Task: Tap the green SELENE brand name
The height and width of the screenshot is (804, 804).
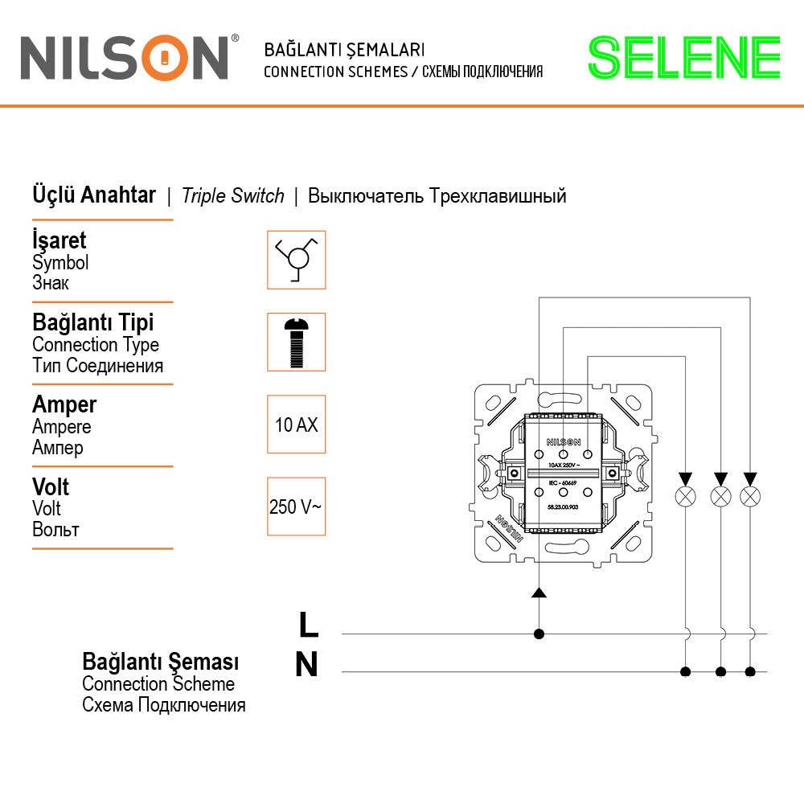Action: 684,57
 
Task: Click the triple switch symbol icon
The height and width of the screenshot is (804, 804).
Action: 296,260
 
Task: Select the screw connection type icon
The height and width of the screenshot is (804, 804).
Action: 296,342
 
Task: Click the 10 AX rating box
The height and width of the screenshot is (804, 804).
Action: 296,425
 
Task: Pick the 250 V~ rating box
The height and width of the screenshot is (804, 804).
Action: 296,507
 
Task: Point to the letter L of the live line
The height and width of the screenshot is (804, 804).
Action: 308,623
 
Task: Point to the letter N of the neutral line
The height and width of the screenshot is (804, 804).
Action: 306,665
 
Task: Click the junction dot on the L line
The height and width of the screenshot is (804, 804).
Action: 539,634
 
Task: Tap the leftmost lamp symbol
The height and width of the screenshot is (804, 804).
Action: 686,496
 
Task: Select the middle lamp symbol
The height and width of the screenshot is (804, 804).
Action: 720,496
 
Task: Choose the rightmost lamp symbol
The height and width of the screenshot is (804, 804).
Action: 750,496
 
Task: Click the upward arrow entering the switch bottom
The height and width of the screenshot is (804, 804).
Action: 539,593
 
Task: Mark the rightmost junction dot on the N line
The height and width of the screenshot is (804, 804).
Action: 750,671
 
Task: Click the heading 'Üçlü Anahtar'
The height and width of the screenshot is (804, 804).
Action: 94,195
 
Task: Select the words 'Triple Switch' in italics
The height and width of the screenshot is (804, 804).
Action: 233,196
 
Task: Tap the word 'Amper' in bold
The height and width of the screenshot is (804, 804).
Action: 64,404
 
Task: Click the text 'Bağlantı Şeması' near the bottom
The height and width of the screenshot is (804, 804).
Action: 161,662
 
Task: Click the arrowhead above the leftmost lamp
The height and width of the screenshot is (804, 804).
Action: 686,478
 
